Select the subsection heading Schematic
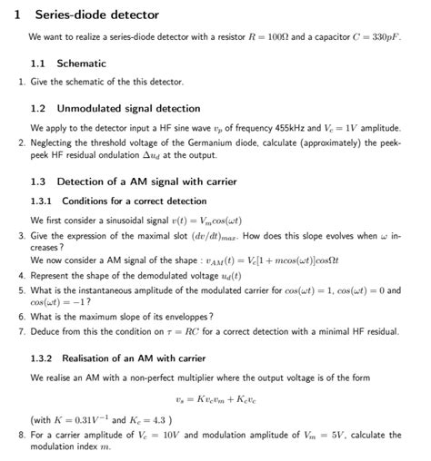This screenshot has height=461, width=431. coord(81,64)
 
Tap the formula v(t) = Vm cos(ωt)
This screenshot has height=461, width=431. coord(208,221)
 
